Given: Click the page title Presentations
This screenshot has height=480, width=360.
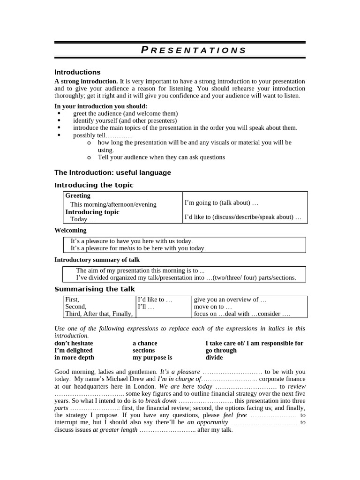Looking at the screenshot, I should pos(194,50).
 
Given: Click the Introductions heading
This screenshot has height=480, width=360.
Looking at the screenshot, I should pos(77,72).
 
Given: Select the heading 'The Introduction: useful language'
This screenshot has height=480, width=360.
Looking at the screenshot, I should pos(112,172).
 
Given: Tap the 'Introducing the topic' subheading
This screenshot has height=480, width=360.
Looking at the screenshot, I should pos(94,185).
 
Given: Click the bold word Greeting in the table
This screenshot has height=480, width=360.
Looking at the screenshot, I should pos(78,195).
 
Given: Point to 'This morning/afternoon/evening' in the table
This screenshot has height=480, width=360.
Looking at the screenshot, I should pos(113,204).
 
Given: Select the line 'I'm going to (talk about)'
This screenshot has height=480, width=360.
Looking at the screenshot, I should pos(221,203).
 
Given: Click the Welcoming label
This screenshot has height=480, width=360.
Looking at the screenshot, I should pos(70,230).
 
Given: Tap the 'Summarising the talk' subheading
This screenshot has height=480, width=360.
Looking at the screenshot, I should pos(94,289).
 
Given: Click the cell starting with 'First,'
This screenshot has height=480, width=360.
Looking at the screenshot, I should pos(72,300).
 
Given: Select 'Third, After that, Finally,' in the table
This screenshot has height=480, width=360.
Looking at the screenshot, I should pos(99,314).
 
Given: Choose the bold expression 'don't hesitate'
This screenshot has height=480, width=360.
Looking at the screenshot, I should pos(74,343).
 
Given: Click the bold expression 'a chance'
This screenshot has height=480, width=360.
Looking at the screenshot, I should pos(145,343).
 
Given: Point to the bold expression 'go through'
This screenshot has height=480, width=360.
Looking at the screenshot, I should pos(221,350).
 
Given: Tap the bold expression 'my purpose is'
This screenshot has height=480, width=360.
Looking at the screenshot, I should pos(152,357).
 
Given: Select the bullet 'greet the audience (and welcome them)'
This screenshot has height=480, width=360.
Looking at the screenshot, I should pos(125,113).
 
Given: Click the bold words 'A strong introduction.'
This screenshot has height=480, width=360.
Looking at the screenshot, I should pos(86,81).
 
